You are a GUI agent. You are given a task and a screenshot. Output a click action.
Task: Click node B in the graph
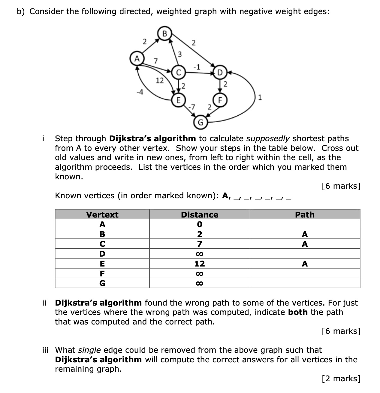coord(164,34)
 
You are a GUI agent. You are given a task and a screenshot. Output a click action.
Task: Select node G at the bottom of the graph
coord(200,122)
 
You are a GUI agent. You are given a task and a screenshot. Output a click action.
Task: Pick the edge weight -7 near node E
coord(192,107)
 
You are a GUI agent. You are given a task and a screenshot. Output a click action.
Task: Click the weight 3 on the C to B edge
coord(180,54)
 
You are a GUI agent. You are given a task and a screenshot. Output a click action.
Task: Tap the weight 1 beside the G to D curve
coord(260,97)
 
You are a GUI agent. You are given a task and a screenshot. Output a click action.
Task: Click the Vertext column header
coord(102,215)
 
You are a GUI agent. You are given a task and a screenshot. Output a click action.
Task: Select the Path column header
coord(305,215)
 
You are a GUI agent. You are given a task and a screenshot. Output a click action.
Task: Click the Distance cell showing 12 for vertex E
coord(200,264)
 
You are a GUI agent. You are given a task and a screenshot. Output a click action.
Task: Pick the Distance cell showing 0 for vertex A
coord(200,224)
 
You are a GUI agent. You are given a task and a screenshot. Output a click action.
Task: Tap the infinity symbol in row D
coord(200,254)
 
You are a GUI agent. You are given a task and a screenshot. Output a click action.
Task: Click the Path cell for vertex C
coord(305,244)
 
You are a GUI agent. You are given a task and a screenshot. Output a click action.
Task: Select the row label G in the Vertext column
coord(102,283)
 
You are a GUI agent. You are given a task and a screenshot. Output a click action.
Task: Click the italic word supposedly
coord(268,139)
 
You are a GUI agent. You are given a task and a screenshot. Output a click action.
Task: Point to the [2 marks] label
coord(340,378)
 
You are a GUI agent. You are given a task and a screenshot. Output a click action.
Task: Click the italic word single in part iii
coord(89,350)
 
